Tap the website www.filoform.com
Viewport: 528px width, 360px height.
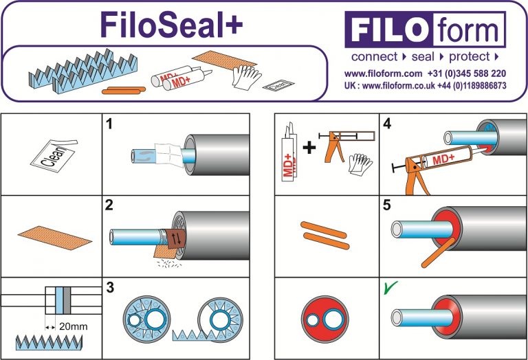click(x=383, y=73)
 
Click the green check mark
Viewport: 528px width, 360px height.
click(x=389, y=288)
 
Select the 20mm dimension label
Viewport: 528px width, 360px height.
click(x=74, y=326)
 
